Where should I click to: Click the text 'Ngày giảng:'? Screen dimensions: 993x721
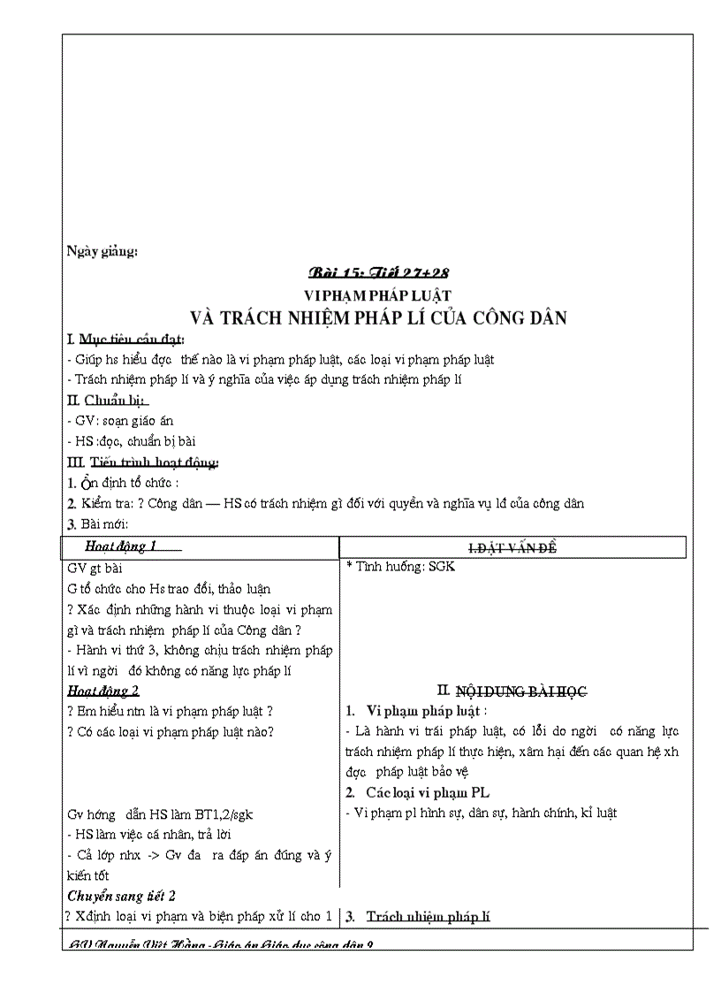pyautogui.click(x=102, y=251)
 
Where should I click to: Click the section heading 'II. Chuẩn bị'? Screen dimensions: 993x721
pyautogui.click(x=109, y=401)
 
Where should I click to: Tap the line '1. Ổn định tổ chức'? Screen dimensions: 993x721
pyautogui.click(x=124, y=483)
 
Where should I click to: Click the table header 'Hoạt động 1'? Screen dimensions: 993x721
pyautogui.click(x=122, y=546)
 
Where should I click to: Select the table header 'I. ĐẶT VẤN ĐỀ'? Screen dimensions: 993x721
pyautogui.click(x=512, y=549)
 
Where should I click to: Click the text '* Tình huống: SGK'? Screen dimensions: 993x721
pyautogui.click(x=401, y=567)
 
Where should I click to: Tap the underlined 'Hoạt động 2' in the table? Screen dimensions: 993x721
pyautogui.click(x=103, y=691)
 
